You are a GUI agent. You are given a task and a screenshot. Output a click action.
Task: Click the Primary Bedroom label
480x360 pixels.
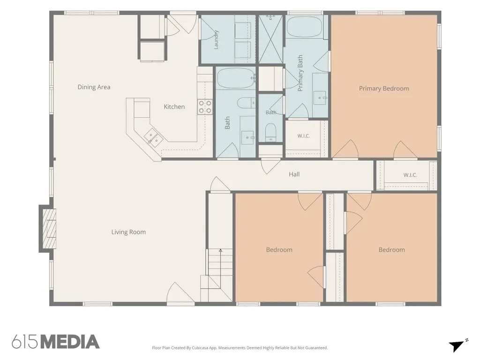tap(384, 89)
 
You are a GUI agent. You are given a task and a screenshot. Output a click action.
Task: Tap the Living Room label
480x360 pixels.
tap(128, 232)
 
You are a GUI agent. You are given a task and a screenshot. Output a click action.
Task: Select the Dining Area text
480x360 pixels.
tap(94, 87)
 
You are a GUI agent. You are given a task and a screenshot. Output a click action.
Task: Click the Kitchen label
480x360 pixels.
tap(174, 106)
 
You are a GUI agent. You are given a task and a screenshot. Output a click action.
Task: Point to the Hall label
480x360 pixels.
tap(294, 174)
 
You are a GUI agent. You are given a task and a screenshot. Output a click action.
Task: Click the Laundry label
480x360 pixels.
tap(216, 39)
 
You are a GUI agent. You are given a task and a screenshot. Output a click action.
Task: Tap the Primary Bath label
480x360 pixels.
tap(300, 73)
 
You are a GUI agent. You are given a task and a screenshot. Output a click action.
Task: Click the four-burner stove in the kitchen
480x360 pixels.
tap(205, 107)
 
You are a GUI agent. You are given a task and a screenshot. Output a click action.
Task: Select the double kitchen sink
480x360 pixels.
tap(154, 137)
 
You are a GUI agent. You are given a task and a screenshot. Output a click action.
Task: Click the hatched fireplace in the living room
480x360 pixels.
tap(49, 228)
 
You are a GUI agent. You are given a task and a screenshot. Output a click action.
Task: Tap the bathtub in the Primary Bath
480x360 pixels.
tap(305, 27)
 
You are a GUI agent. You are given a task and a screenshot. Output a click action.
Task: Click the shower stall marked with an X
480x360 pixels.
tap(270, 39)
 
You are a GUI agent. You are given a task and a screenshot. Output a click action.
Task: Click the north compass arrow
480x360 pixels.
tap(457, 345)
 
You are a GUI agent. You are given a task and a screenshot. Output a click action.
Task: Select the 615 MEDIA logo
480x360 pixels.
tap(56, 342)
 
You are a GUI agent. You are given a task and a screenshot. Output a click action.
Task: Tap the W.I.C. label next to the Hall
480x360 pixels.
tap(410, 175)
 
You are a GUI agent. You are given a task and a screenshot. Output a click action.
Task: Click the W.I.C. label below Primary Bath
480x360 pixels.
tap(304, 136)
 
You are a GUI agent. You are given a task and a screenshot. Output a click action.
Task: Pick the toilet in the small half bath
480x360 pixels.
tap(270, 132)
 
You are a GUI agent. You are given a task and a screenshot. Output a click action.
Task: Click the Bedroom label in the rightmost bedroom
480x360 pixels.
tap(391, 250)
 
